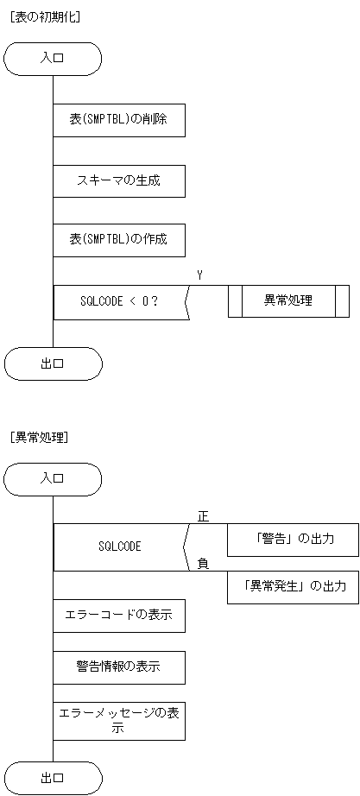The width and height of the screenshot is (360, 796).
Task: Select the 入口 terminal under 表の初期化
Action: click(53, 59)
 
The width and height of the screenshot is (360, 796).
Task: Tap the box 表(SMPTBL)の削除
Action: click(119, 121)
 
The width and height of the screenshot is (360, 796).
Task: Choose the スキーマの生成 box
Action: click(119, 181)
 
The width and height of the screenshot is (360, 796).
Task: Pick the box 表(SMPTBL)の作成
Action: click(119, 241)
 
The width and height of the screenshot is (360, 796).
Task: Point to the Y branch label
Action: click(199, 275)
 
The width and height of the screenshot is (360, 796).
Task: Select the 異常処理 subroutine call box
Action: click(288, 301)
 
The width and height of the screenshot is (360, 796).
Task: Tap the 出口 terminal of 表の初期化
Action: click(53, 363)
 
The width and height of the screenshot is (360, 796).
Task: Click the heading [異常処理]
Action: click(39, 437)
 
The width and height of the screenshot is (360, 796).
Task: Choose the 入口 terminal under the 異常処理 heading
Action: click(53, 478)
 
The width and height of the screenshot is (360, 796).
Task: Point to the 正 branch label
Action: click(203, 516)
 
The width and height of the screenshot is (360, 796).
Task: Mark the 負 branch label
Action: click(203, 564)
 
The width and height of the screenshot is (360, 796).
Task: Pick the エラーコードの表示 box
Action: click(119, 616)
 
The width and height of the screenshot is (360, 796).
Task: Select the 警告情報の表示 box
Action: click(119, 666)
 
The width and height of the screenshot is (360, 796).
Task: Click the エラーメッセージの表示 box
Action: click(119, 720)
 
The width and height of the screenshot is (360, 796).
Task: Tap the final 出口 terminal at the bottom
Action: click(53, 778)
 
